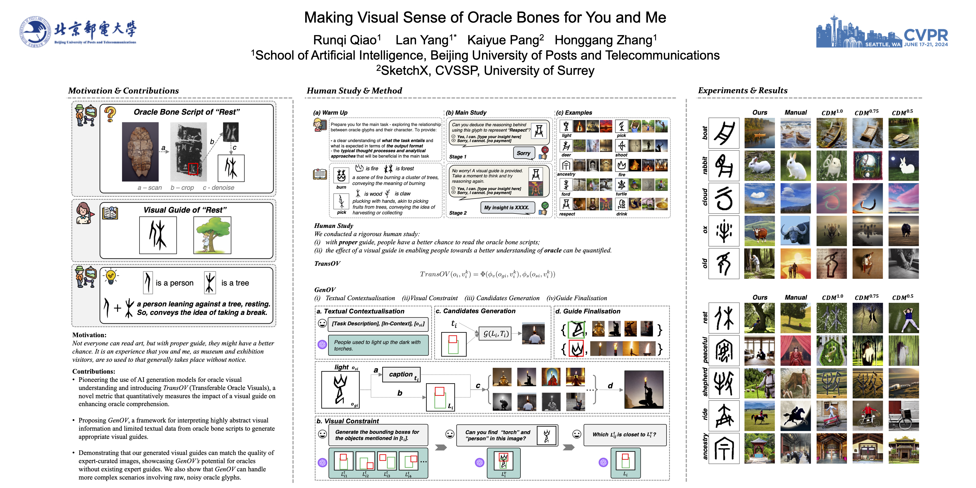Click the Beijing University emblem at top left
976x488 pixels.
(34, 31)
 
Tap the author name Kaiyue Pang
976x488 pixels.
(505, 40)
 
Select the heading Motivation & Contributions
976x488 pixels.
(123, 91)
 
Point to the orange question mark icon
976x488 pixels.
(110, 114)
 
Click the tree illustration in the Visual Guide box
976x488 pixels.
(212, 235)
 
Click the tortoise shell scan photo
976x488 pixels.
(140, 152)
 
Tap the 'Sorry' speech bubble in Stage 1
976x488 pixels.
(523, 153)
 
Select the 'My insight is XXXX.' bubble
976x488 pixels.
(507, 207)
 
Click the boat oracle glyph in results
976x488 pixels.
(724, 133)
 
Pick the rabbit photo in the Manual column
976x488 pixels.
(795, 165)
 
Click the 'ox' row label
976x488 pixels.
(704, 230)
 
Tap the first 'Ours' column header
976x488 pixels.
(759, 112)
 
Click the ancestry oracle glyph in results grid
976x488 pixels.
(724, 448)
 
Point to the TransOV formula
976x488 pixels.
(487, 274)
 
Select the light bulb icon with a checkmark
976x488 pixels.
(111, 276)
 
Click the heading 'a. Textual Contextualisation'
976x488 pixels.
(360, 311)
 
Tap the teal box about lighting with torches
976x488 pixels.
(377, 345)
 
